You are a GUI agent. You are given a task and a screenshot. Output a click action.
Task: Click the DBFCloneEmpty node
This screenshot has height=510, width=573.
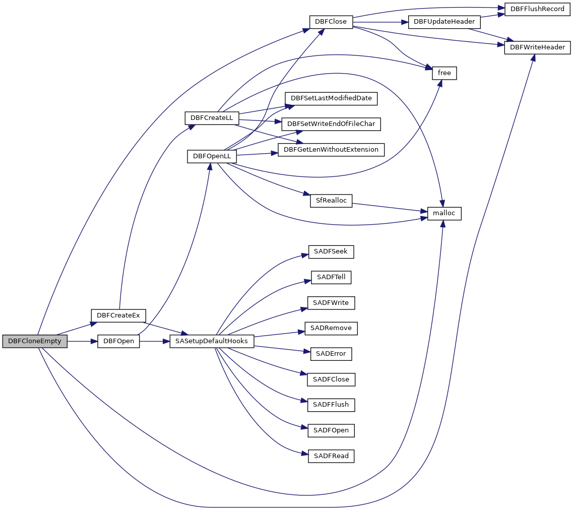tap(35, 341)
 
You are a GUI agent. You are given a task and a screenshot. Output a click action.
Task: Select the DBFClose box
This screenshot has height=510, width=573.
tap(331, 22)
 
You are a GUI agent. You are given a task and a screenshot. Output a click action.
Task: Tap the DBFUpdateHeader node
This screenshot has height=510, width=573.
tap(444, 22)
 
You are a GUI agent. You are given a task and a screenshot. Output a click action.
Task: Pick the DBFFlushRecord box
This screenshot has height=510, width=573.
tap(537, 9)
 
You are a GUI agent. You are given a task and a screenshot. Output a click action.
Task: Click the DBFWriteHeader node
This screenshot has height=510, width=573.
tap(537, 48)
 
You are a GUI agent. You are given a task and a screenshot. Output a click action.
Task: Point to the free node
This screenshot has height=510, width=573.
tap(444, 73)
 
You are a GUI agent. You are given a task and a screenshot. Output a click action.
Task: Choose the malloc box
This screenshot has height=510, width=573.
tap(444, 213)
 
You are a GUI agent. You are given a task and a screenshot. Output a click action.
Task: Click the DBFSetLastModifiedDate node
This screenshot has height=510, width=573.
tap(331, 98)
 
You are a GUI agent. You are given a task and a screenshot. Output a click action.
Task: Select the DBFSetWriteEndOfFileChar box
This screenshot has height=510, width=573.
tap(331, 124)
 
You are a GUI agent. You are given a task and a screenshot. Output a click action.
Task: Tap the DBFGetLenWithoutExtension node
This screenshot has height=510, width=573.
tap(331, 150)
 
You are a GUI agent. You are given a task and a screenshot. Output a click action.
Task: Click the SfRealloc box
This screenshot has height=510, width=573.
tap(331, 201)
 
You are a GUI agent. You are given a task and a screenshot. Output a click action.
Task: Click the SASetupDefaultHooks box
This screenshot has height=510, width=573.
tap(212, 341)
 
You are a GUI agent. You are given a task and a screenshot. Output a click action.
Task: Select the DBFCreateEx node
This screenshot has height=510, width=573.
tap(118, 315)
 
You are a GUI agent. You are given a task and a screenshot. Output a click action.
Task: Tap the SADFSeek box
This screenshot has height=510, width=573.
tap(331, 251)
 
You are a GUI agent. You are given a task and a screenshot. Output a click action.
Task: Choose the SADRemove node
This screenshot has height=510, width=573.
tap(331, 328)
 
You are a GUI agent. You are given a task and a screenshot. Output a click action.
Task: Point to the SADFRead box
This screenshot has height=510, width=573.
tap(331, 456)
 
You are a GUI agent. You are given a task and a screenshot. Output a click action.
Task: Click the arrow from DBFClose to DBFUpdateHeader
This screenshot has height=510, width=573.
tap(380, 22)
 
